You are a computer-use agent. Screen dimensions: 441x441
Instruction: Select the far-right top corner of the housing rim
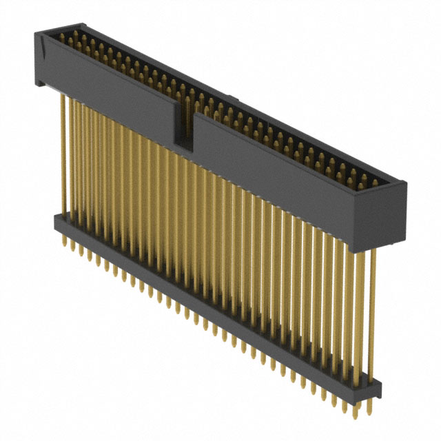click(x=406, y=181)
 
